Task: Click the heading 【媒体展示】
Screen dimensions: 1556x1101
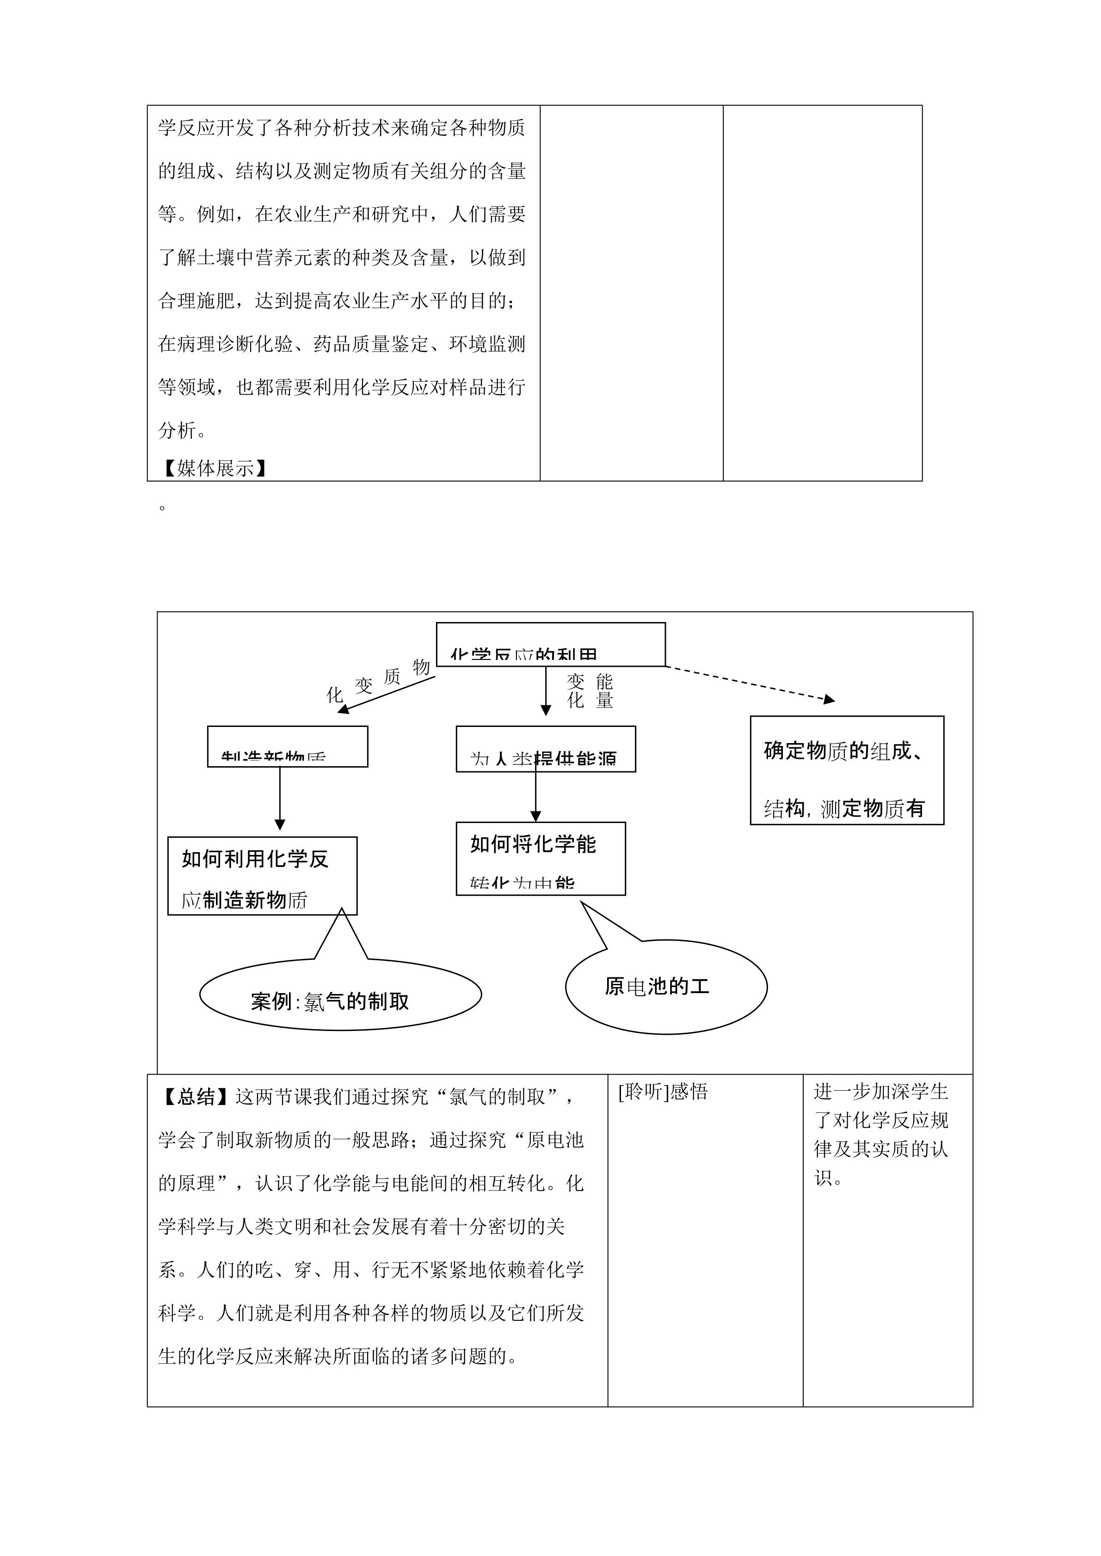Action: [214, 468]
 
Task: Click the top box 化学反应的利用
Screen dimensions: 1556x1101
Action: [550, 645]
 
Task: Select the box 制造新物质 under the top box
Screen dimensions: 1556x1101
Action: [288, 747]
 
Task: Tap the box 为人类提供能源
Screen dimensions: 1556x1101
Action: [546, 750]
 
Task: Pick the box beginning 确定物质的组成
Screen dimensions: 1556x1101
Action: [847, 770]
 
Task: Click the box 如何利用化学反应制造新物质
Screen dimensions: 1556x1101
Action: [262, 876]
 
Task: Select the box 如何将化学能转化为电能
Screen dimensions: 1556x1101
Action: [541, 859]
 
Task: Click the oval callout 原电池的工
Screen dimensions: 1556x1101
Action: [666, 987]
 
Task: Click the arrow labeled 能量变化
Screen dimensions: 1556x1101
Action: [546, 690]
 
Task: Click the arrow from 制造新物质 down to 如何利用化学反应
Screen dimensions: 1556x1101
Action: [280, 798]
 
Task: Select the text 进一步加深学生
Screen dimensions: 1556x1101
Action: [881, 1092]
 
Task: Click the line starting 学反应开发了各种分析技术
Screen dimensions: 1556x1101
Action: [342, 128]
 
